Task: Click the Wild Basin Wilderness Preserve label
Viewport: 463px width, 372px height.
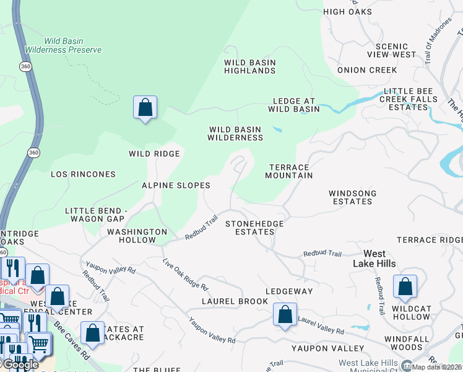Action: click(63, 45)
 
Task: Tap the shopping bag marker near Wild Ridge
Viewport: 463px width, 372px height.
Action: click(145, 108)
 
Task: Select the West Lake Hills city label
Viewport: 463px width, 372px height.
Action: click(374, 259)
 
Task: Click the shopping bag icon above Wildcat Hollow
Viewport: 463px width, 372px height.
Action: click(405, 287)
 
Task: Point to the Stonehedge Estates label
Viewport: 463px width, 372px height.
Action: click(254, 228)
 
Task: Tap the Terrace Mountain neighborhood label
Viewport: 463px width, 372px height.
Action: click(289, 172)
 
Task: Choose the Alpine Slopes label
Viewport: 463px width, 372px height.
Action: click(176, 185)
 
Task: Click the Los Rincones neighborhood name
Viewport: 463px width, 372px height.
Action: click(83, 174)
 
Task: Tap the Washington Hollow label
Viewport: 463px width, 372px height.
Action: click(137, 236)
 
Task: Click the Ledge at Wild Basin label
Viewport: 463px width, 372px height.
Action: click(293, 105)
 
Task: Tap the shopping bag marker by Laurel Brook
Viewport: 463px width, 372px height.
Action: click(285, 314)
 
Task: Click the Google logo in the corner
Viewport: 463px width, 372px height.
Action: click(20, 365)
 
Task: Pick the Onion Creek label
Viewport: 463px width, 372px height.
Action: click(367, 70)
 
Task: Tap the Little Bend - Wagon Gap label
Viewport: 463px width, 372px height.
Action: click(96, 215)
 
